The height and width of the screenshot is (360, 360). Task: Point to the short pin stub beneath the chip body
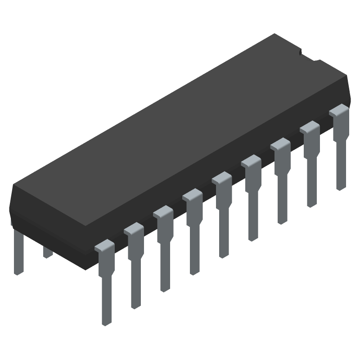(48, 252)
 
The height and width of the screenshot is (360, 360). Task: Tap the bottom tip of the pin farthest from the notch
(106, 322)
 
